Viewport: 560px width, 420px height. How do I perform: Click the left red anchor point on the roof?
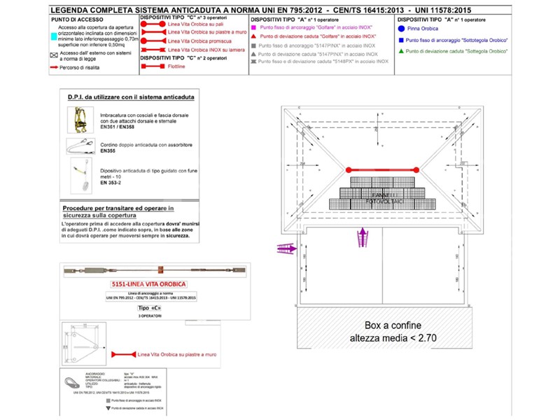click(x=347, y=169)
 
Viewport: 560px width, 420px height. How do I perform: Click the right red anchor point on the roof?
click(x=415, y=169)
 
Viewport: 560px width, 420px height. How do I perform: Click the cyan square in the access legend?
click(x=55, y=34)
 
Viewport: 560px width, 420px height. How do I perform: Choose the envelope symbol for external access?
click(x=55, y=54)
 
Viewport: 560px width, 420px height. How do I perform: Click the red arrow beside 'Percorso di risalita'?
click(x=55, y=67)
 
